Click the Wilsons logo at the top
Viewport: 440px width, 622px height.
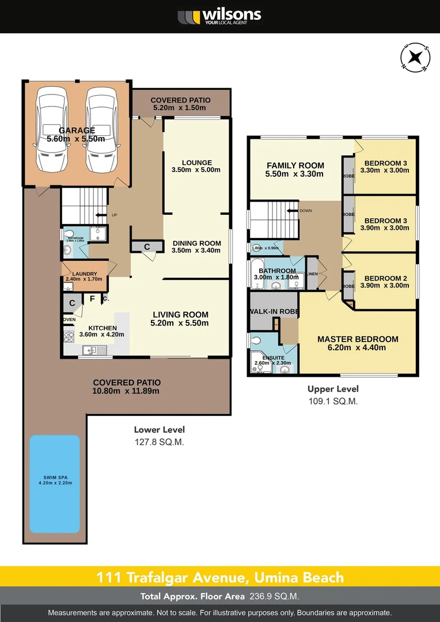tap(219, 16)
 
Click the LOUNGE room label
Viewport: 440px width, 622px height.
tap(196, 162)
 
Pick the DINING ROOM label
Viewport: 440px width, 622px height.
tap(196, 243)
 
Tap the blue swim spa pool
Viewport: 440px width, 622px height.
tap(55, 484)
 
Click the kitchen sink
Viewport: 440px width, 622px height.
tap(92, 349)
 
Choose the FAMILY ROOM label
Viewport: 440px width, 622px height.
tap(295, 165)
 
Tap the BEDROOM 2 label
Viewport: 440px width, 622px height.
tap(386, 278)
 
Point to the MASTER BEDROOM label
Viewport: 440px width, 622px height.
tap(358, 339)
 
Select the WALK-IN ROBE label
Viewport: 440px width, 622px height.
tap(273, 312)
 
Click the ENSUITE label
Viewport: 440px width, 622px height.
tap(271, 357)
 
